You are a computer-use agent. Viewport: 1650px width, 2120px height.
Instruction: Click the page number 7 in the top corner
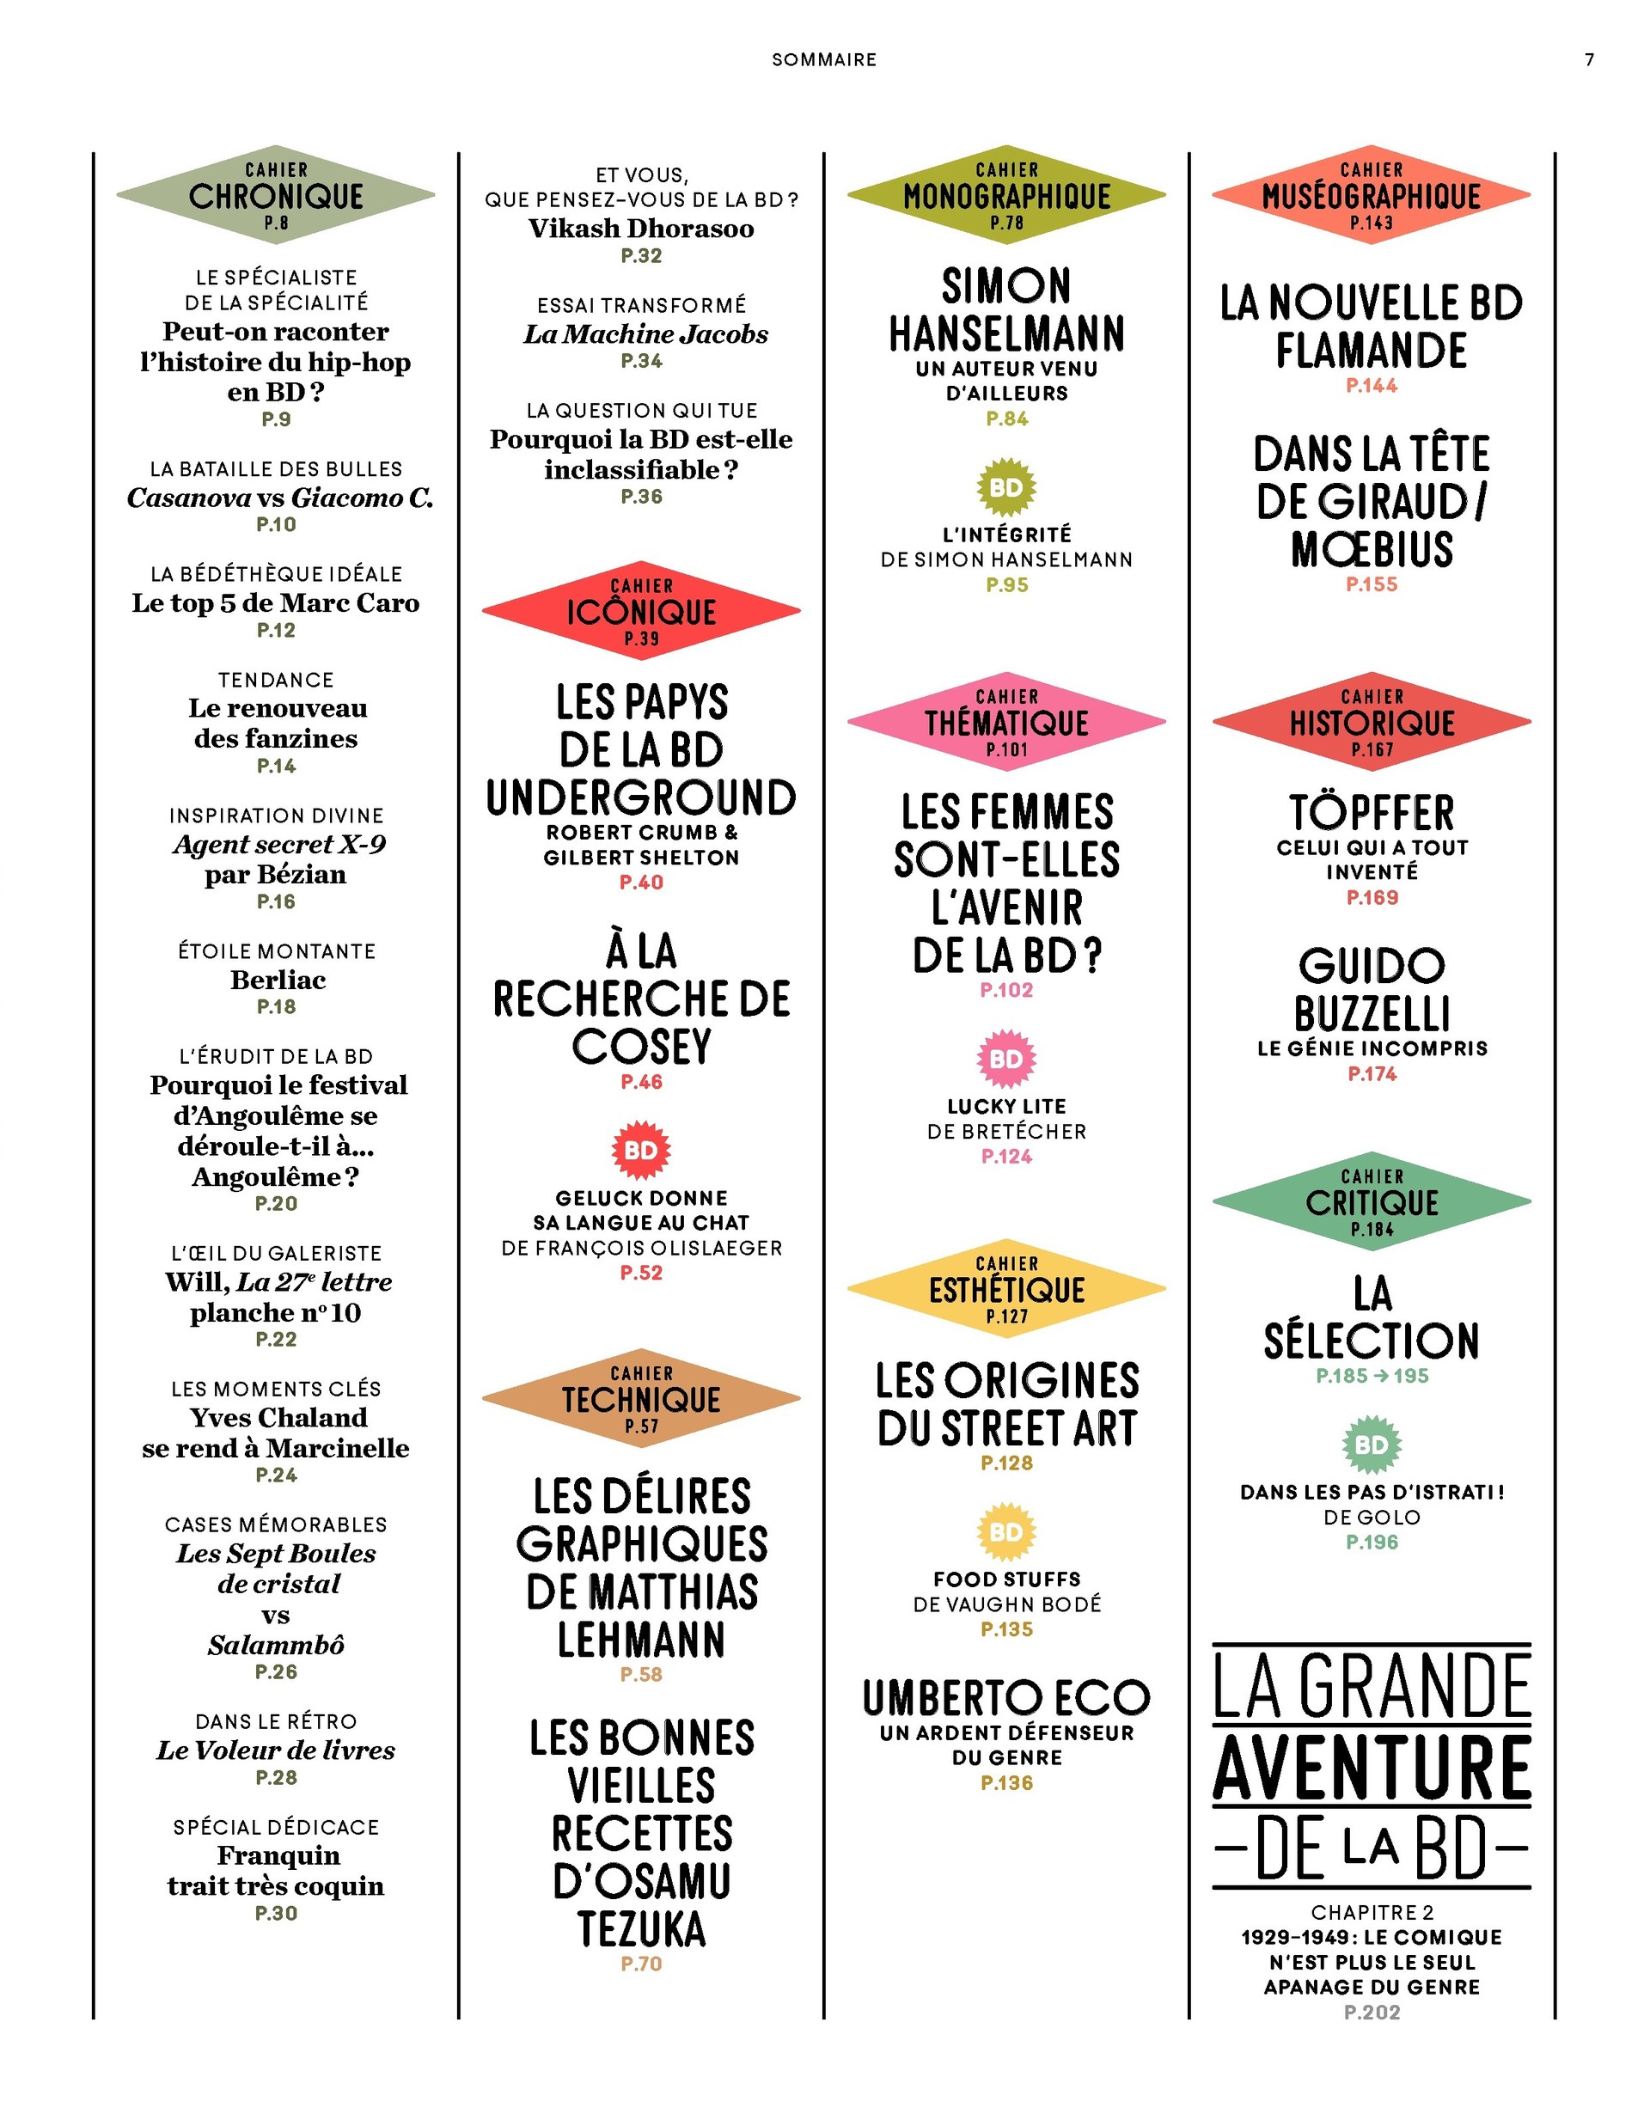(x=1589, y=60)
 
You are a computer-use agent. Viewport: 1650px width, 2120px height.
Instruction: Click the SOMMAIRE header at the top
(x=824, y=60)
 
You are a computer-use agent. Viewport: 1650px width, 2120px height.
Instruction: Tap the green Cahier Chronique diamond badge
(x=276, y=195)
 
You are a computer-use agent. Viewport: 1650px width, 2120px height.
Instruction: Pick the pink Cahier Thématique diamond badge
(x=1006, y=722)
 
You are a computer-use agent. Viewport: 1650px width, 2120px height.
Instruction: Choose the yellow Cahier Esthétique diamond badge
(x=1006, y=1289)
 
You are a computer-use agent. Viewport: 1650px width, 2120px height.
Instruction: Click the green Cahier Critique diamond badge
(x=1372, y=1201)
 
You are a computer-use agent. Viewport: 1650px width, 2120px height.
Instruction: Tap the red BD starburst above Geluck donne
(x=640, y=1151)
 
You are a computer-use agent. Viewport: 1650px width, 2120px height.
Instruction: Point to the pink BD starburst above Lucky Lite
(x=1006, y=1058)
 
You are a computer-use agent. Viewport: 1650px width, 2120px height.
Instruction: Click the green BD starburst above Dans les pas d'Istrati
(x=1372, y=1445)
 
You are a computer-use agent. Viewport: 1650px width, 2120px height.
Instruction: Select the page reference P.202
(x=1372, y=2013)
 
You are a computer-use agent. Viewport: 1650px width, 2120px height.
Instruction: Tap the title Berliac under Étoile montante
(x=278, y=980)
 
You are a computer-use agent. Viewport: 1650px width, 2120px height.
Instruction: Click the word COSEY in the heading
(x=642, y=1047)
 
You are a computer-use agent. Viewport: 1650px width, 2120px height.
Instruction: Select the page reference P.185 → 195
(x=1372, y=1376)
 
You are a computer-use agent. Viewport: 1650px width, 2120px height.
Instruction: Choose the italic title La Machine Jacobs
(x=645, y=334)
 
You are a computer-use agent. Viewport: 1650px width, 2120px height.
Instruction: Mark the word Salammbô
(x=276, y=1646)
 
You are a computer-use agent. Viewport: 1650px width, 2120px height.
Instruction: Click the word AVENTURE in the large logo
(x=1372, y=1769)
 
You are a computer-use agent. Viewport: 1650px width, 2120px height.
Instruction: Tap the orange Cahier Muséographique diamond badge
(x=1372, y=195)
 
